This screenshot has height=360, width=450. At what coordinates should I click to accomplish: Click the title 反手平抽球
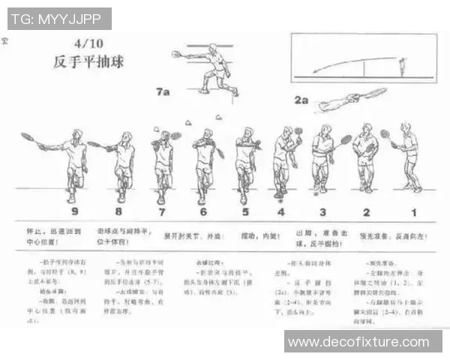[88, 61]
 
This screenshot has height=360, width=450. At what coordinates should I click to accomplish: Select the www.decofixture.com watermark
[363, 342]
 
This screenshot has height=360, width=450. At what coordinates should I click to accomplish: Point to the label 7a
[163, 91]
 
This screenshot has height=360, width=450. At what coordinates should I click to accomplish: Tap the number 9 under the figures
[73, 211]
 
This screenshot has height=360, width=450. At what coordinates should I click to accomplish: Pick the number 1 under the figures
[412, 211]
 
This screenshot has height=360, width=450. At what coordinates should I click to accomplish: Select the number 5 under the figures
[244, 211]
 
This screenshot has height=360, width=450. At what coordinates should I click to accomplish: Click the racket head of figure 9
[28, 137]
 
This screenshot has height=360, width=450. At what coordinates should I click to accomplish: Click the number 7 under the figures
[160, 211]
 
